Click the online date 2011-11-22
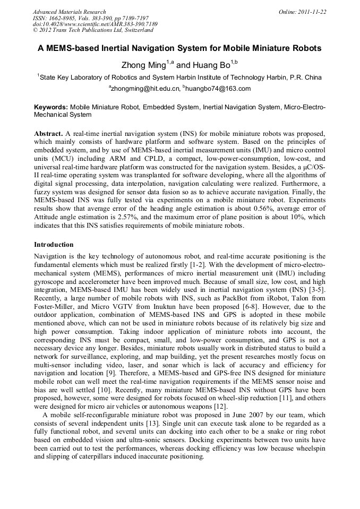(x=311, y=12)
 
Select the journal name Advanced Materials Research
(x=69, y=12)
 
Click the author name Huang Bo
(x=211, y=65)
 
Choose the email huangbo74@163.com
(x=218, y=89)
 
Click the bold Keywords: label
(x=51, y=107)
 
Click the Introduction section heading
(x=54, y=245)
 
